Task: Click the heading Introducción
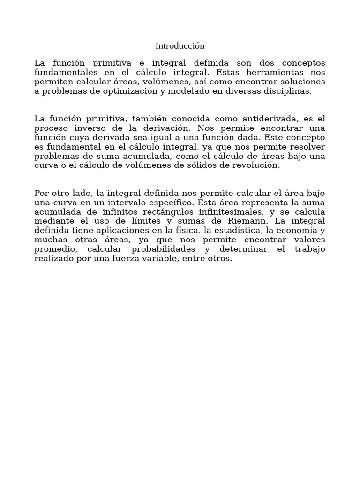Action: pos(180,46)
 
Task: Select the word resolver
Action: pos(308,147)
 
